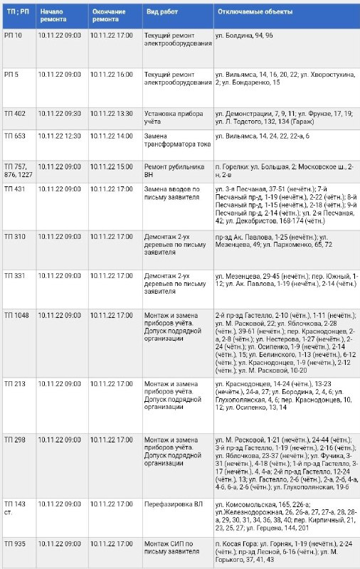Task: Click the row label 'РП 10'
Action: click(x=12, y=35)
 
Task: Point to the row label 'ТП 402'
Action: click(x=14, y=113)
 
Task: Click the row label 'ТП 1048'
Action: click(x=16, y=314)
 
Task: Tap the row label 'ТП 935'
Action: click(x=14, y=543)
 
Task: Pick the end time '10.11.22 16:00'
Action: click(x=112, y=74)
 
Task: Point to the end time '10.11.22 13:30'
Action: click(x=112, y=113)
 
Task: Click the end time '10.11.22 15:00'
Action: click(x=112, y=166)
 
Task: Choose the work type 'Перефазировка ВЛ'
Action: click(x=171, y=504)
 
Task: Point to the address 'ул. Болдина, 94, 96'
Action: click(x=247, y=35)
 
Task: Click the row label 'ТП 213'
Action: click(x=14, y=383)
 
